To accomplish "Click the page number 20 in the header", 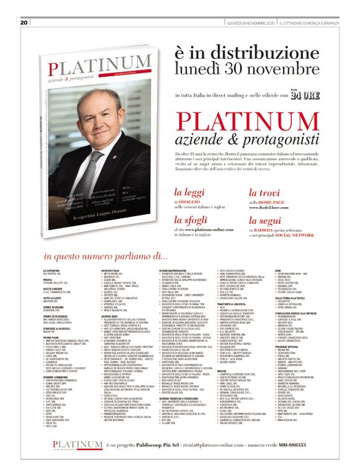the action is tap(24, 5).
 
